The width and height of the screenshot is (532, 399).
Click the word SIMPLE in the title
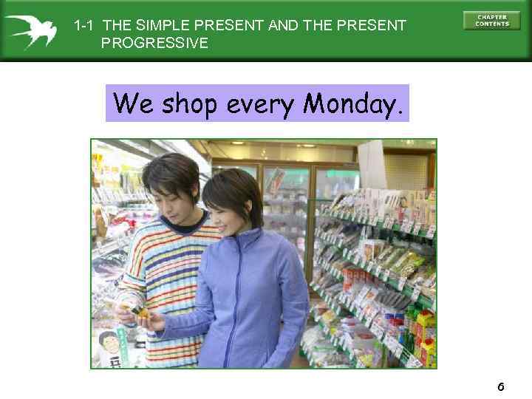tap(159, 26)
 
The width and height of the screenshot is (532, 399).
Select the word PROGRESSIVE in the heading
tap(154, 43)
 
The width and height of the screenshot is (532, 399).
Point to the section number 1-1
tap(83, 26)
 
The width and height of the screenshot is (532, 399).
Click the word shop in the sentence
tap(190, 105)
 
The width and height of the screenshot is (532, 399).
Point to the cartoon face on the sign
tap(109, 344)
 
